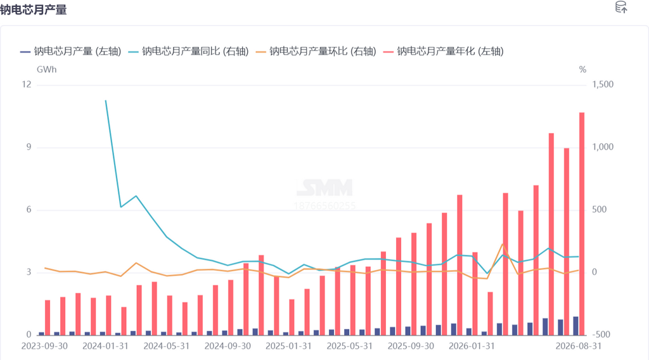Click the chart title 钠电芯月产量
(33, 9)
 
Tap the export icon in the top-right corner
(621, 7)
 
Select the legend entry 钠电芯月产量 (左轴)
(71, 51)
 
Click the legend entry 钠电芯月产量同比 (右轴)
(188, 51)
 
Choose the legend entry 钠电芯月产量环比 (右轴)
(316, 51)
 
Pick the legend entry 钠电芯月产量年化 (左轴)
(443, 51)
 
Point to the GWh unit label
(46, 70)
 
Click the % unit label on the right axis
(582, 70)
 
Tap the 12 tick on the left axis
(27, 84)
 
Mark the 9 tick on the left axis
(29, 147)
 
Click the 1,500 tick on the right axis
(603, 84)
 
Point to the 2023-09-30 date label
(44, 346)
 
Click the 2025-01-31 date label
(288, 346)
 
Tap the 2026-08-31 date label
(578, 346)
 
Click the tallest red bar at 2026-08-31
(582, 224)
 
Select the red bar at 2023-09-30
(48, 318)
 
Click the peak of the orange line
(503, 244)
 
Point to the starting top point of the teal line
(106, 101)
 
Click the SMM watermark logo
(324, 188)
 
